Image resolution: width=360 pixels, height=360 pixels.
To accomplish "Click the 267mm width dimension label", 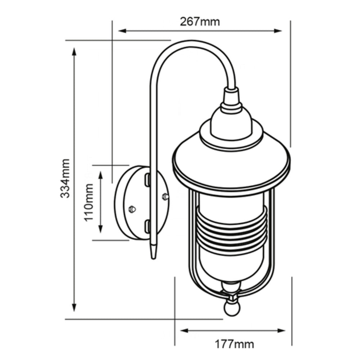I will click(x=199, y=22).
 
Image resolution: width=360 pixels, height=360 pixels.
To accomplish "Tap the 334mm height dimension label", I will click(x=65, y=179).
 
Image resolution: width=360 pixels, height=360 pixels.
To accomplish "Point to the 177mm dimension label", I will click(x=234, y=344).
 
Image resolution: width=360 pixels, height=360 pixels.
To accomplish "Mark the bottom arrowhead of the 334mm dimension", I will click(x=74, y=308).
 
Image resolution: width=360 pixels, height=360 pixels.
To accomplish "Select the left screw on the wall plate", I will click(x=132, y=208).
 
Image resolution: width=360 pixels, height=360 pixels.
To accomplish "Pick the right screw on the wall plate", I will click(x=165, y=196).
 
